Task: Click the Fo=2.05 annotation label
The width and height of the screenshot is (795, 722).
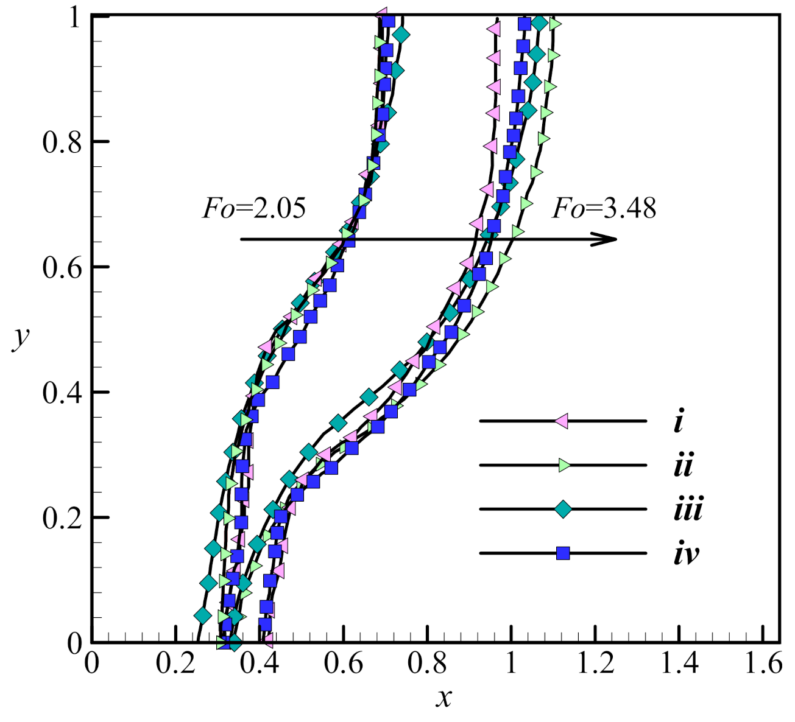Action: point(254,209)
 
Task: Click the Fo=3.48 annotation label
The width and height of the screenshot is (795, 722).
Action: point(604,209)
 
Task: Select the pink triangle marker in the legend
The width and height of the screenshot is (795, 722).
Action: point(562,421)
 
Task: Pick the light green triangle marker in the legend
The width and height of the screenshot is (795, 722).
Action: point(564,465)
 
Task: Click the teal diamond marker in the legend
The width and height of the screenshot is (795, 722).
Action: point(563,509)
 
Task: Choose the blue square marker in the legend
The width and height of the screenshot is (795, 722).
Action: point(563,553)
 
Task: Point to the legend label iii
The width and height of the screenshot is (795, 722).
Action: point(688,509)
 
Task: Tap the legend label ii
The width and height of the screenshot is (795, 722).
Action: point(683,465)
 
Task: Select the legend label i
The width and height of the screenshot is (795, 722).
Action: point(679,421)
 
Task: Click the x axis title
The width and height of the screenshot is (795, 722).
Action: point(444,697)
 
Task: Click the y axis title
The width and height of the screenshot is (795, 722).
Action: point(21,338)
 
